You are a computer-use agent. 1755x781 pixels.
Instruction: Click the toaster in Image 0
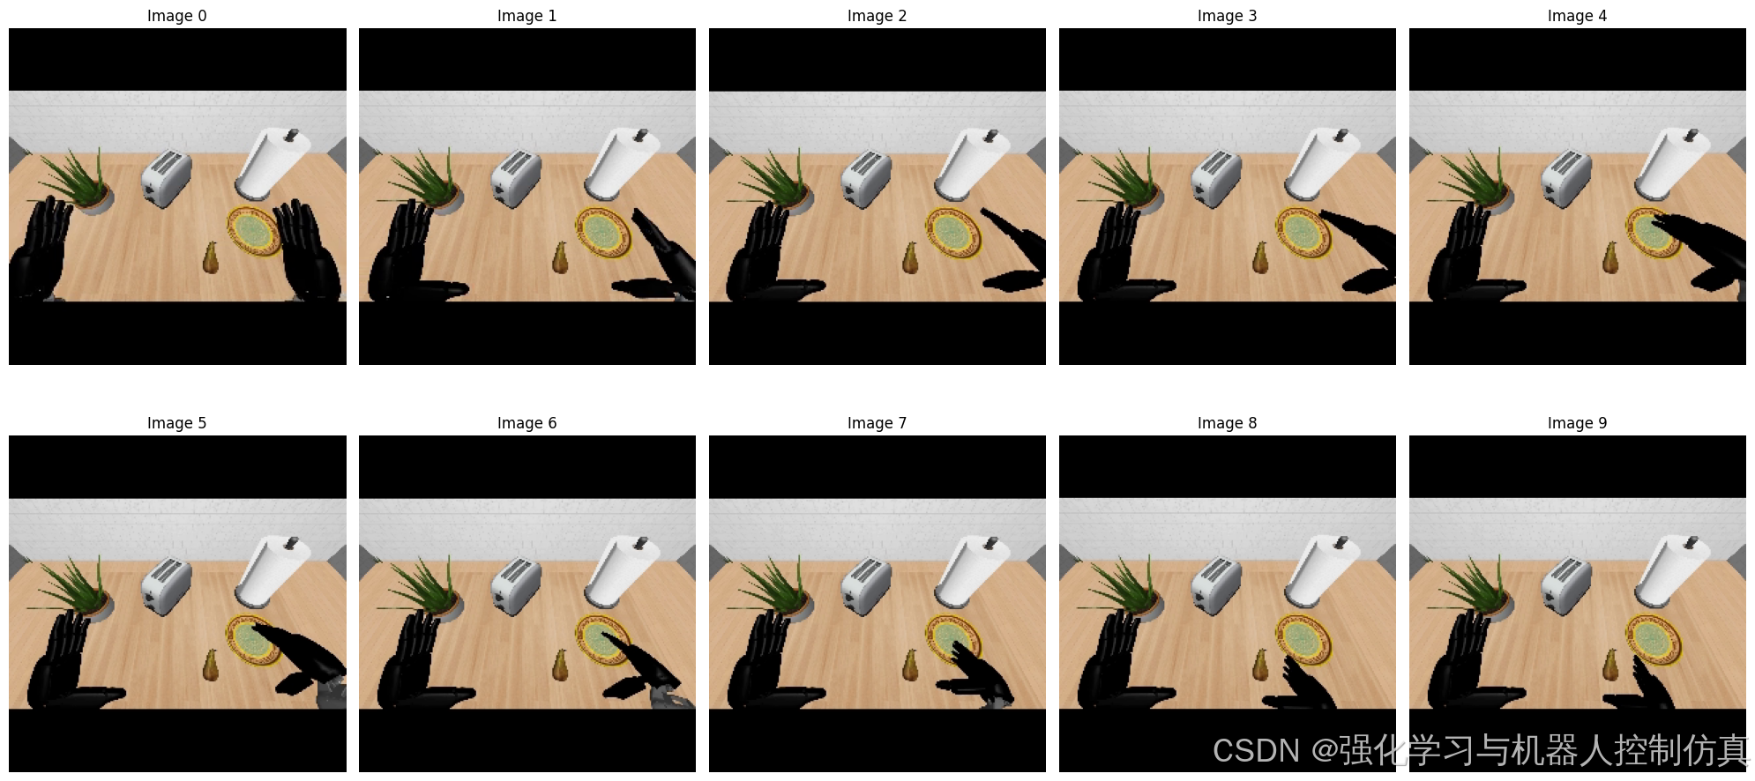tap(166, 178)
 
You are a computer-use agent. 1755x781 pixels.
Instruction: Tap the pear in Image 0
tap(211, 257)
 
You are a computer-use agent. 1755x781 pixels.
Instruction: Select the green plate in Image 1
tap(604, 232)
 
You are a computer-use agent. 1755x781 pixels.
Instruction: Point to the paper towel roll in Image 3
tap(1321, 163)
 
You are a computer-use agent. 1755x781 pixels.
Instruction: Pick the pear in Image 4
tap(1611, 257)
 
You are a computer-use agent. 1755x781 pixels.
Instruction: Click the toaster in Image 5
tap(166, 585)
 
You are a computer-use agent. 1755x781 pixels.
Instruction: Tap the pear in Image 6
tap(561, 665)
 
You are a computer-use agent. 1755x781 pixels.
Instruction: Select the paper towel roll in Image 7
tap(971, 570)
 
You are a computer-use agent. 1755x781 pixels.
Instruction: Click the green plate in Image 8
tap(1304, 639)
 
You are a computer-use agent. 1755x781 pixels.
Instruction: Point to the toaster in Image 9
tap(1566, 585)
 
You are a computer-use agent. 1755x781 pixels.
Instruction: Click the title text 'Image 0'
tap(177, 16)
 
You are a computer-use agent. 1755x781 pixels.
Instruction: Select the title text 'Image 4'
tap(1577, 16)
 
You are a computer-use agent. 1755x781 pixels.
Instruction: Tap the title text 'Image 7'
tap(877, 423)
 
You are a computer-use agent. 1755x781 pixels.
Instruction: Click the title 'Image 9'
tap(1577, 423)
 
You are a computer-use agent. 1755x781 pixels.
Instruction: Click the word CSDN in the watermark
tap(1256, 751)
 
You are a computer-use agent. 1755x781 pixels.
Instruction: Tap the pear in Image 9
tap(1611, 665)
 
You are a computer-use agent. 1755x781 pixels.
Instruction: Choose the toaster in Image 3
tap(1216, 178)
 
